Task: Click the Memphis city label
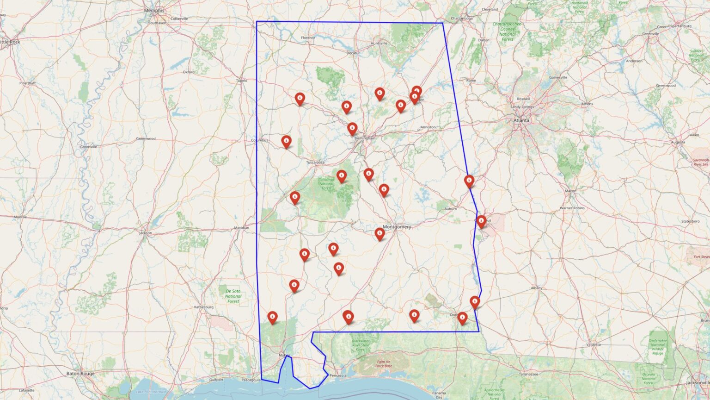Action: [x=154, y=10]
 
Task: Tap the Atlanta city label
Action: [x=521, y=120]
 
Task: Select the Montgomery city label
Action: [x=397, y=227]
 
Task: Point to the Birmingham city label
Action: [x=365, y=138]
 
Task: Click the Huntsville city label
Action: [x=379, y=43]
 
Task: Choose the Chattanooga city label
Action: [x=461, y=19]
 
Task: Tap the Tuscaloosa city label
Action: [x=315, y=162]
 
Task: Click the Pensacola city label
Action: [x=338, y=375]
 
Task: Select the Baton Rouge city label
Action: [x=80, y=374]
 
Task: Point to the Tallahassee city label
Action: [x=530, y=374]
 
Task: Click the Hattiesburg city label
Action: [x=203, y=307]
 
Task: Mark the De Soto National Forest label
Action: [x=233, y=296]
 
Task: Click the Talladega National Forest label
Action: [x=326, y=184]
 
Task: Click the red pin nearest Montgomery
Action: [x=379, y=233]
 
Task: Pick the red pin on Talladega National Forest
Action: [x=342, y=175]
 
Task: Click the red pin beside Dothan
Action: [x=462, y=317]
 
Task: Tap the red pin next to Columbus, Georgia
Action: [x=481, y=221]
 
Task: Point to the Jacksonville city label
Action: [x=698, y=383]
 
